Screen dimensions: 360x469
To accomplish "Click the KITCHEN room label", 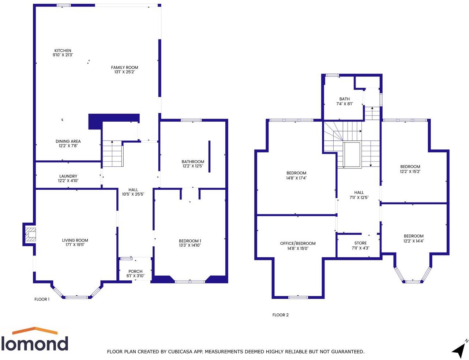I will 63,50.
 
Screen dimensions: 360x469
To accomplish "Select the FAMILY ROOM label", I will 124,67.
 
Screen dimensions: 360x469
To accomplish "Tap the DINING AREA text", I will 68,141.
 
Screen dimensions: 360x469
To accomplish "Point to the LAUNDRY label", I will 68,176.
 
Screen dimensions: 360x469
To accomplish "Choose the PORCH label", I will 135,271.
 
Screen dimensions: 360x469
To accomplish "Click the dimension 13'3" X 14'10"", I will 190,245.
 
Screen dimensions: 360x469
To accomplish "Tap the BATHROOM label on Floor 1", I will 193,162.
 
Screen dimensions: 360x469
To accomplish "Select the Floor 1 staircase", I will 112,154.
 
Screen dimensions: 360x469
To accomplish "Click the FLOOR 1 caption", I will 42,299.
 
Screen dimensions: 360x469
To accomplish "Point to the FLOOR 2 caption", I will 281,315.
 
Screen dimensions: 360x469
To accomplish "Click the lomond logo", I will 34,340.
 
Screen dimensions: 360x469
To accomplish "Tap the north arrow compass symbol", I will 459,349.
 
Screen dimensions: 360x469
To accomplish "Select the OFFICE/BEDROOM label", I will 297,243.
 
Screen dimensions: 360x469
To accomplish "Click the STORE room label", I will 360,243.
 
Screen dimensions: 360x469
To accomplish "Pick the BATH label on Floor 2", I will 344,99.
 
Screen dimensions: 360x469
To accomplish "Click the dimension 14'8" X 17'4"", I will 296,178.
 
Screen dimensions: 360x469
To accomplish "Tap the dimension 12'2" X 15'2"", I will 410,171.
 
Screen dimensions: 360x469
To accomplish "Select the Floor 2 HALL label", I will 359,192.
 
